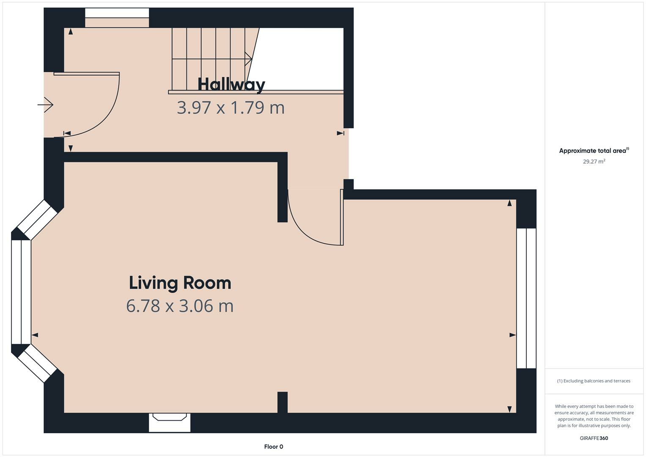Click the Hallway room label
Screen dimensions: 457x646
click(x=231, y=84)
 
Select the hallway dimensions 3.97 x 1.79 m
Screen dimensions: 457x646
click(x=231, y=107)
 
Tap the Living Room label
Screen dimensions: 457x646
click(x=180, y=283)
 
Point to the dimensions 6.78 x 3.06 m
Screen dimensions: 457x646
click(x=180, y=306)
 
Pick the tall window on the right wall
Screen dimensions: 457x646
click(x=526, y=298)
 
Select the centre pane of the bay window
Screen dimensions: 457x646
click(x=21, y=292)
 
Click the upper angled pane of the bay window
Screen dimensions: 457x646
click(x=37, y=219)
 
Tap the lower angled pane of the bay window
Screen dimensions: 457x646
click(x=37, y=363)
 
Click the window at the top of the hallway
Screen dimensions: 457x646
click(x=117, y=18)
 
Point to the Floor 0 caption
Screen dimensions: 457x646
click(x=273, y=446)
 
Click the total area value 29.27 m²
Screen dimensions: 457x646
click(x=594, y=161)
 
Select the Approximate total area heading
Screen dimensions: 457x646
click(x=594, y=151)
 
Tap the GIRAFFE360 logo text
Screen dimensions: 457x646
click(x=594, y=438)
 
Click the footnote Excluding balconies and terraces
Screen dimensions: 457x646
click(x=594, y=381)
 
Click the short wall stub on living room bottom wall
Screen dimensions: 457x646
click(x=282, y=402)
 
